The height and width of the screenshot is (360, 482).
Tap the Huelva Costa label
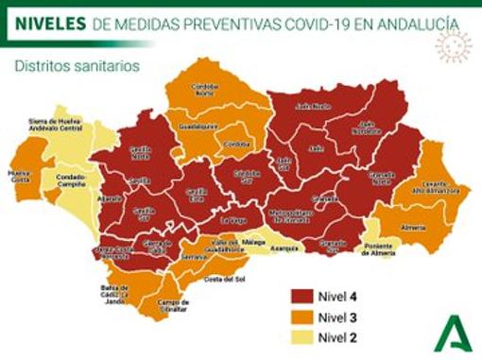[18, 177]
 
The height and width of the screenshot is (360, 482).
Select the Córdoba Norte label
[204, 91]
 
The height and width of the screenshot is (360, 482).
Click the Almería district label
[414, 228]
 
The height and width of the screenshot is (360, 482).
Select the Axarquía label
[284, 249]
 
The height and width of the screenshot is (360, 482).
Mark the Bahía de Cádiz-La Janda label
[113, 295]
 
